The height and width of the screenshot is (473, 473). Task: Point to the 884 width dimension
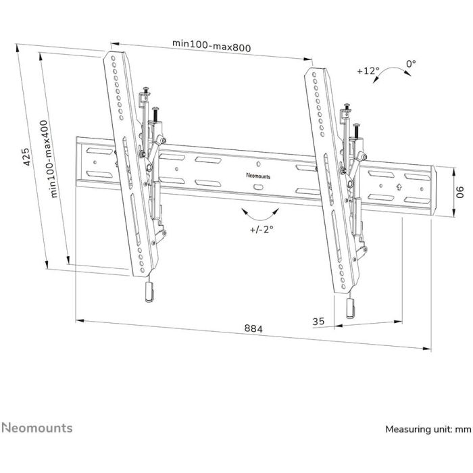click(x=253, y=328)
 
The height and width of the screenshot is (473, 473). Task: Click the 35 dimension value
click(x=318, y=322)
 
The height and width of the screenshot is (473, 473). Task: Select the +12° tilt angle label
click(x=368, y=70)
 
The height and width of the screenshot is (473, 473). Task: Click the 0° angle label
click(x=411, y=64)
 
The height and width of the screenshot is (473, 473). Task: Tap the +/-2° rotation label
click(x=261, y=230)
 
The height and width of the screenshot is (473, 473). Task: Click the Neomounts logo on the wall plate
click(x=259, y=174)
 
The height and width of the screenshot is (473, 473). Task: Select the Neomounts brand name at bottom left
click(x=36, y=428)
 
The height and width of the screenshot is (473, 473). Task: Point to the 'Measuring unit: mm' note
click(x=428, y=429)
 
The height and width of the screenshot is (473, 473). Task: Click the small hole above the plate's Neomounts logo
click(x=259, y=164)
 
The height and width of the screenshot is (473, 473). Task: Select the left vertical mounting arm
click(x=128, y=162)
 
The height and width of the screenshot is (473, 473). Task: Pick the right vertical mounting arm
click(x=330, y=179)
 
